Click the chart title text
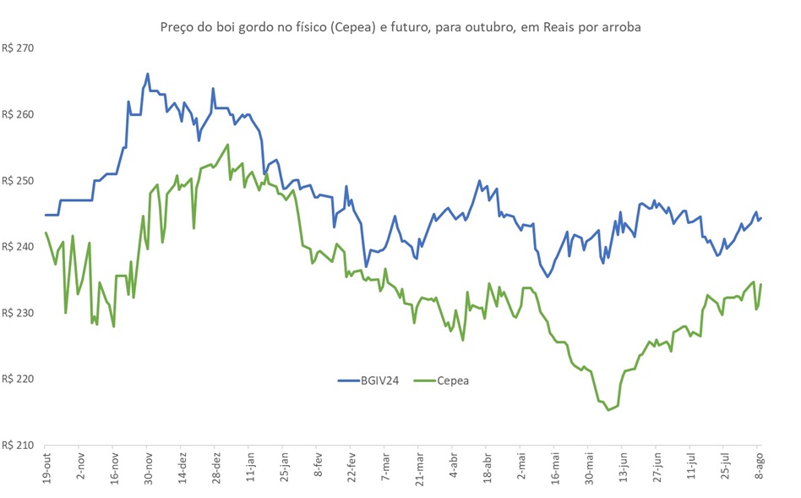(400, 27)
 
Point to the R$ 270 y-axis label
(18, 48)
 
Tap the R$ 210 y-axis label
(18, 445)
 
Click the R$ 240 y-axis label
(18, 247)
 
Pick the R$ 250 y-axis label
(18, 181)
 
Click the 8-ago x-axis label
(759, 468)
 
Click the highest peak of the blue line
(147, 74)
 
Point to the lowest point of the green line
(608, 410)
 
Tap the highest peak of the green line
(227, 145)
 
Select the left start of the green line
(46, 233)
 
